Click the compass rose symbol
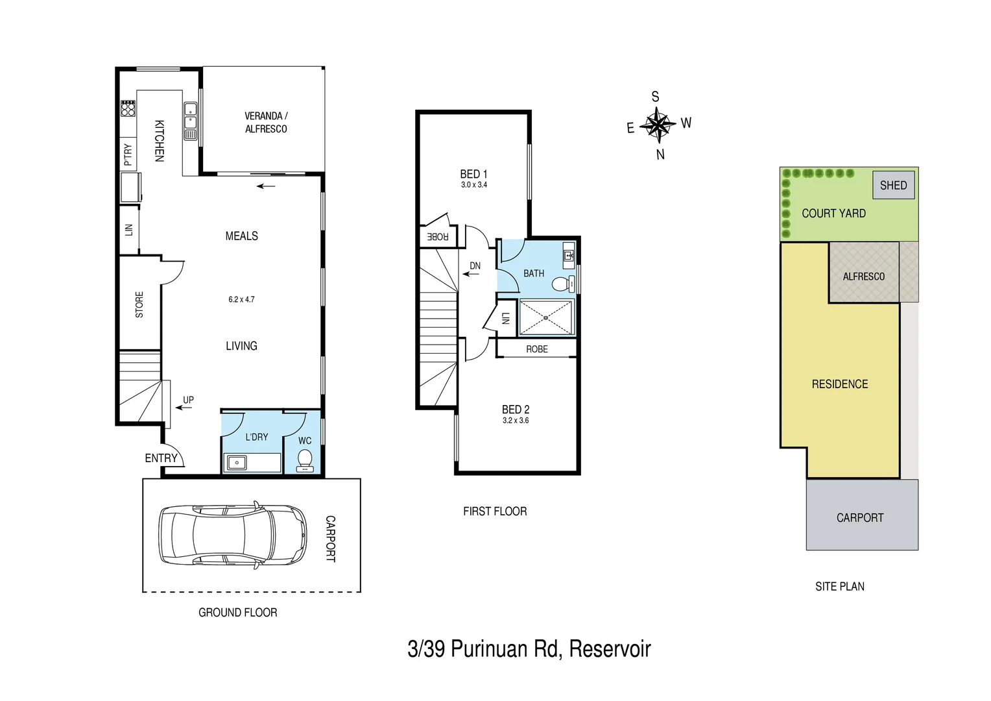click(x=658, y=125)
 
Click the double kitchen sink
click(x=190, y=116)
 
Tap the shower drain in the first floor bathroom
click(x=546, y=317)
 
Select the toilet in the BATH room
click(x=562, y=284)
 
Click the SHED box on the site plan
click(x=893, y=185)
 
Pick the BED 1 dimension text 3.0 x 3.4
click(x=473, y=185)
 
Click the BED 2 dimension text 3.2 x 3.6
click(x=516, y=421)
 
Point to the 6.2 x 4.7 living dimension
click(x=241, y=300)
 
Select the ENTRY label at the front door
click(x=161, y=458)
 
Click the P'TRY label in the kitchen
click(x=128, y=154)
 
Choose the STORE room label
click(x=139, y=304)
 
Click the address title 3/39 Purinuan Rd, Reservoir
click(x=529, y=648)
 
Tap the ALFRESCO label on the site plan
click(x=863, y=277)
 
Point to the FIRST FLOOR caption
click(x=495, y=511)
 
